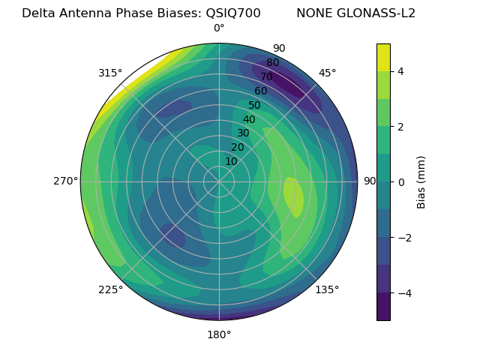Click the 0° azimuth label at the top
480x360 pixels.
[x=219, y=28]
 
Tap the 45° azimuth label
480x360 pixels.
[x=327, y=73]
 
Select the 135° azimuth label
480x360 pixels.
[x=327, y=289]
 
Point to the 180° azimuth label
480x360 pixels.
[x=219, y=334]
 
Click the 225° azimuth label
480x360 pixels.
[x=110, y=290]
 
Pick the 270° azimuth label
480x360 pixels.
[x=66, y=181]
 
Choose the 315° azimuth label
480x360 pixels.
[x=110, y=73]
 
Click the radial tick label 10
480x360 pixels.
[x=231, y=161]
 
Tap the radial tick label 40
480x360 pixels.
[x=249, y=119]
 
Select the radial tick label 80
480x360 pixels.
[x=272, y=62]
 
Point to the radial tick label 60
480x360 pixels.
[x=260, y=91]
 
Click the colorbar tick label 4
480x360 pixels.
[x=401, y=71]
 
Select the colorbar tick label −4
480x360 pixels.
[x=405, y=292]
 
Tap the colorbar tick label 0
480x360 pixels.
[x=401, y=181]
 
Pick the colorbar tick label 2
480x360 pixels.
[x=401, y=127]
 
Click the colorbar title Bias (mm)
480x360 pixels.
[x=421, y=182]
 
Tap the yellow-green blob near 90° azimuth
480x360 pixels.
[x=293, y=197]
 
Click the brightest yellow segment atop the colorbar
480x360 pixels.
[x=383, y=57]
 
